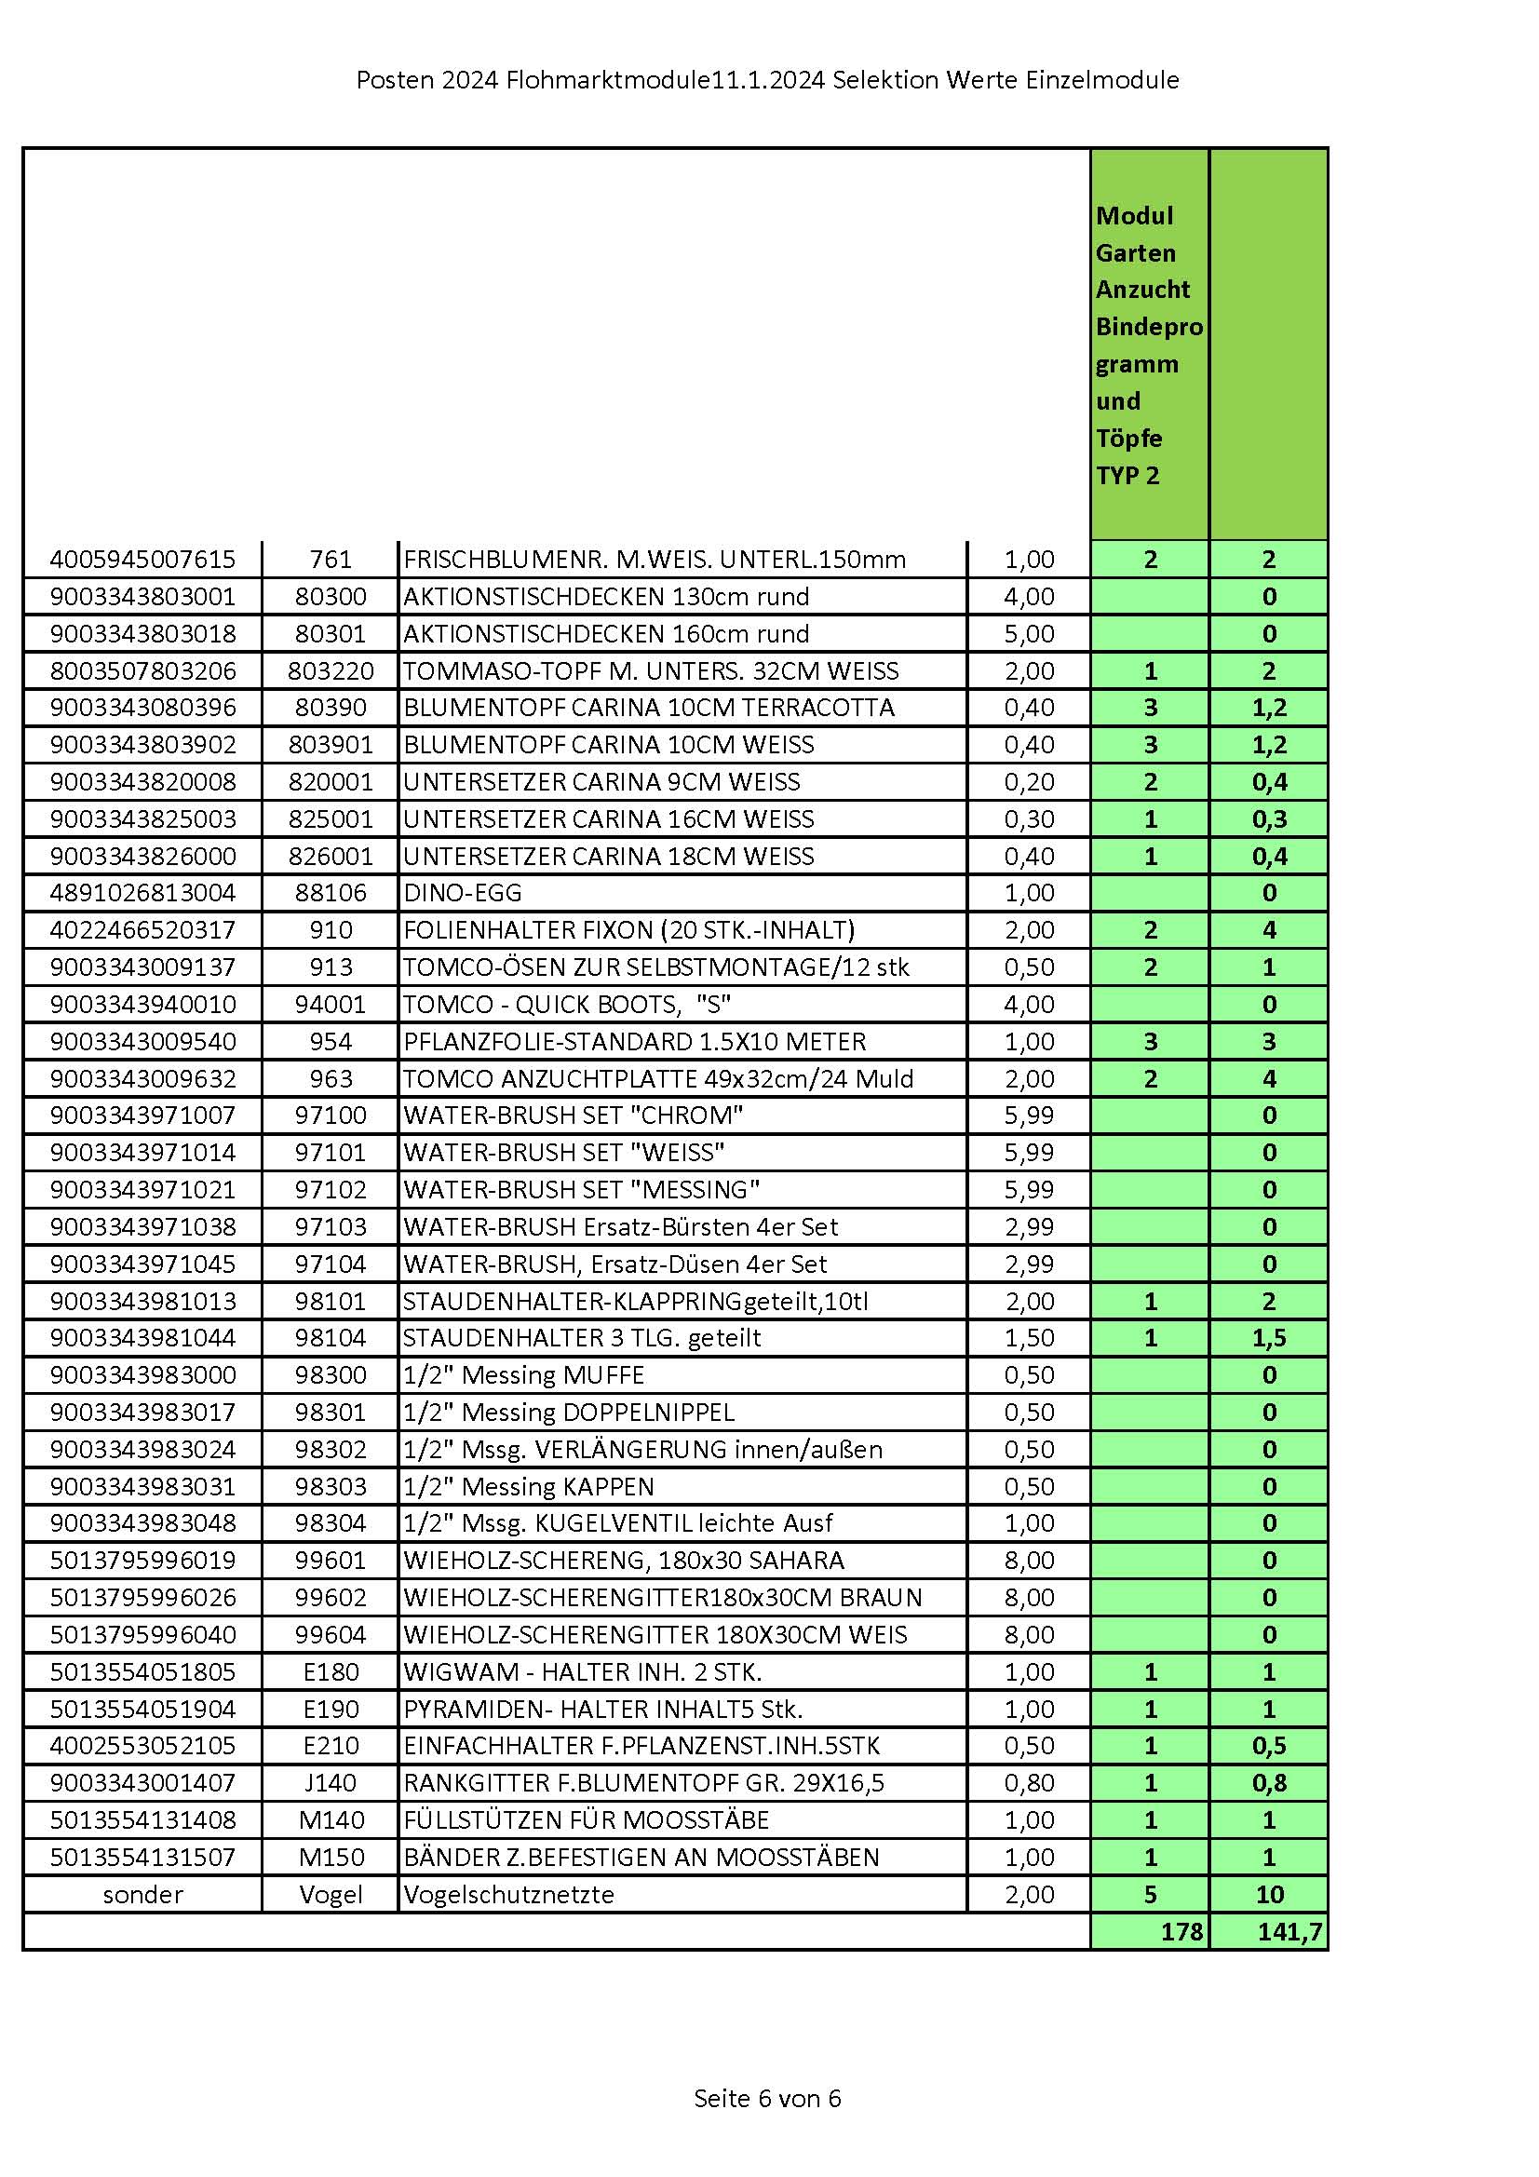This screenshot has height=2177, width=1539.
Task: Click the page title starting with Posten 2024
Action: point(767,81)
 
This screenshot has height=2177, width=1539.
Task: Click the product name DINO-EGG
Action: point(463,892)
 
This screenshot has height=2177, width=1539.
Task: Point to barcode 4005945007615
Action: point(142,560)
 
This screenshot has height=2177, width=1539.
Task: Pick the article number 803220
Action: point(331,670)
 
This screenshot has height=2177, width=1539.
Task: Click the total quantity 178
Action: point(1181,1931)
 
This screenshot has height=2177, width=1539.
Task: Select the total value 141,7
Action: point(1289,1931)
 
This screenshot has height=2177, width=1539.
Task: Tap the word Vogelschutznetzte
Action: point(509,1895)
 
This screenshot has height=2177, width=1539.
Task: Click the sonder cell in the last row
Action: point(142,1895)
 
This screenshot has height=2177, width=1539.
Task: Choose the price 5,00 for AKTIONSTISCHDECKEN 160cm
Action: point(1029,633)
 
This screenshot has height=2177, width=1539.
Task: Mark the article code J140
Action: point(331,1782)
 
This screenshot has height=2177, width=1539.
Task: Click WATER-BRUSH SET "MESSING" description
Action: point(581,1189)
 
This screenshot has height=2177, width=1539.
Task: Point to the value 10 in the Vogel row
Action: point(1269,1895)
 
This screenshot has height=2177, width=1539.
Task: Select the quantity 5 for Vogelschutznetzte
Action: point(1150,1895)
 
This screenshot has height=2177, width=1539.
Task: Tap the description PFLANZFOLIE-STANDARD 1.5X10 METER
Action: point(634,1041)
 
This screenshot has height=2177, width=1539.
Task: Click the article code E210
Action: point(331,1746)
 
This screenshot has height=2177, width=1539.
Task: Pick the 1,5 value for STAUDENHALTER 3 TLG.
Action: point(1269,1338)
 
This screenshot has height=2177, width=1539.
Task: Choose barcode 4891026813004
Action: point(142,892)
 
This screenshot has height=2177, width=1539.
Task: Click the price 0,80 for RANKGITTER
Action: point(1029,1782)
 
